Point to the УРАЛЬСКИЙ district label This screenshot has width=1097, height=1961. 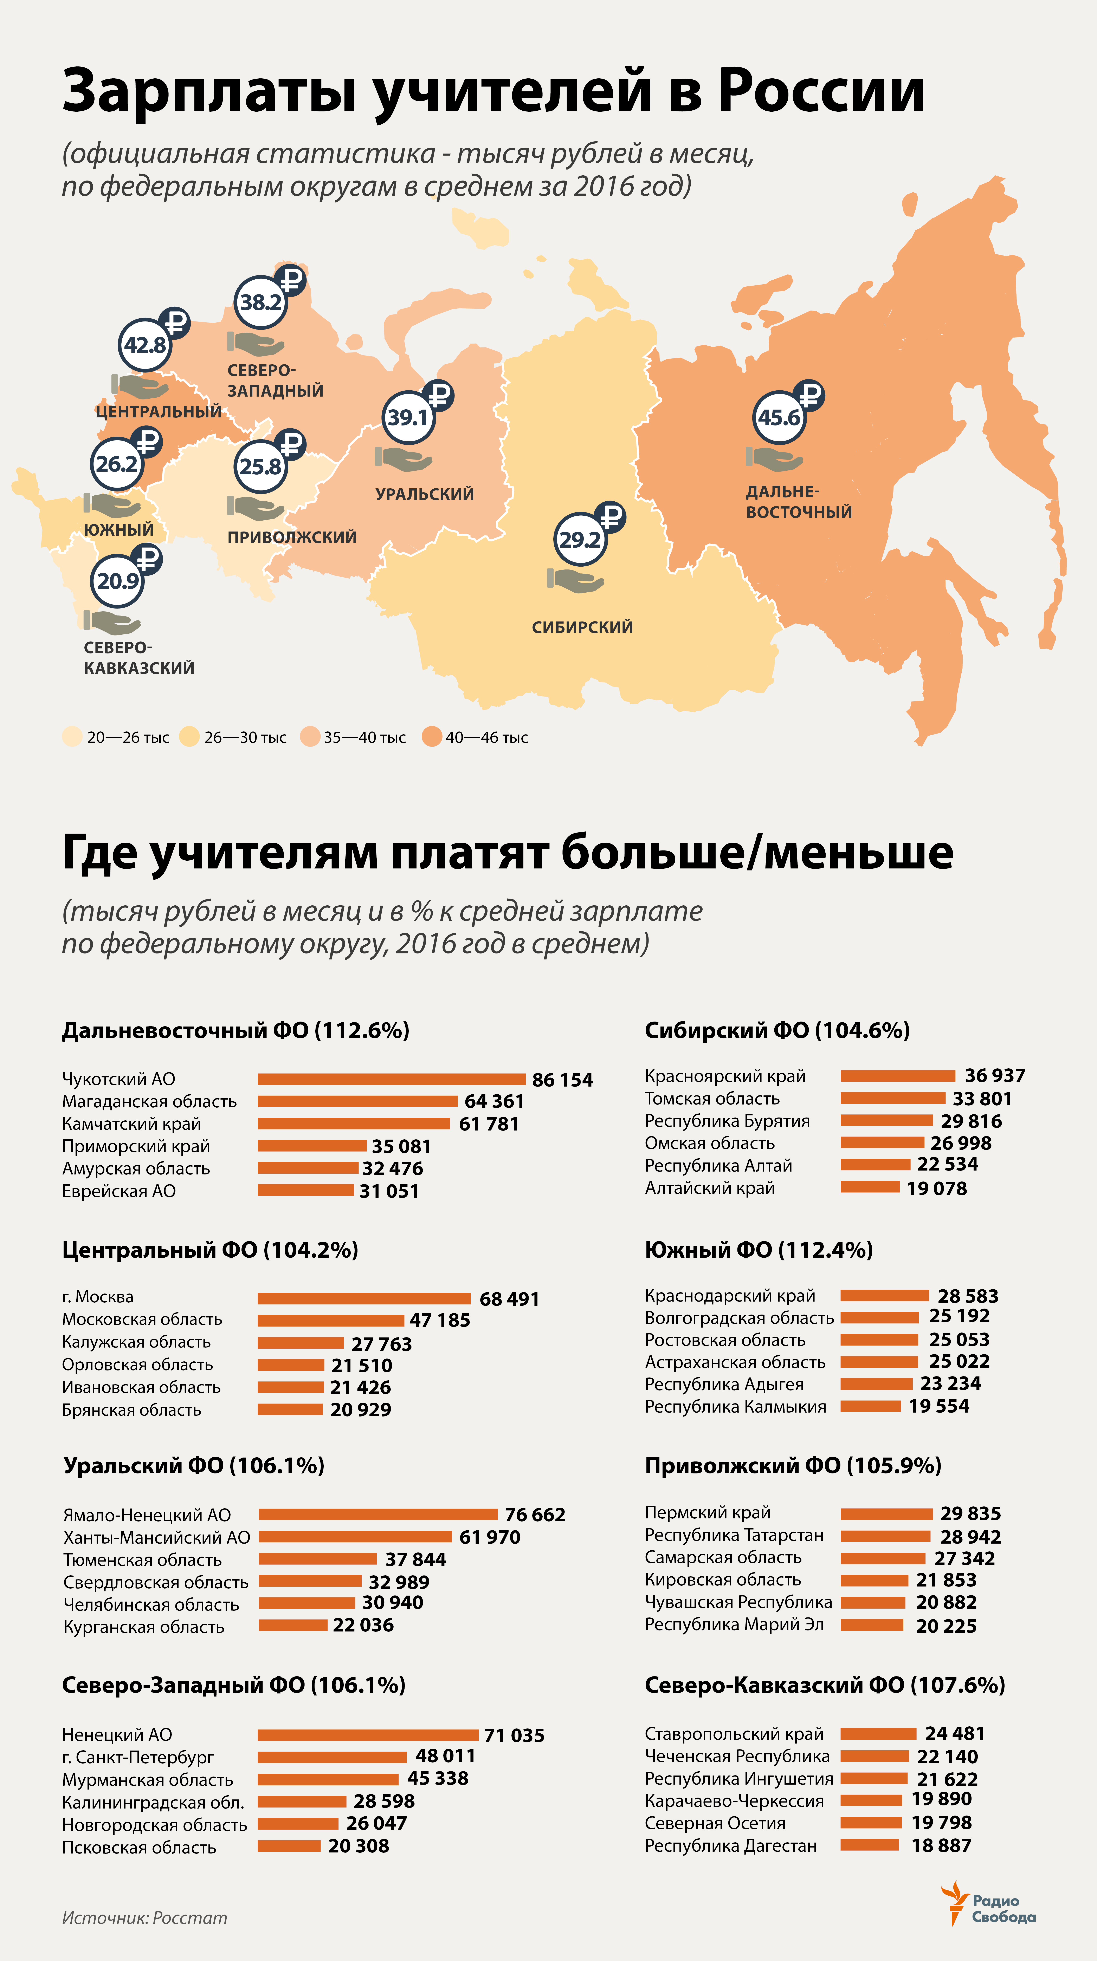(x=425, y=494)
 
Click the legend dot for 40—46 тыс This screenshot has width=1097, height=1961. (x=432, y=737)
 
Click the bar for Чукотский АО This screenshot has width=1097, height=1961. (x=391, y=1079)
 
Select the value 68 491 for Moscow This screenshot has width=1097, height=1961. (x=509, y=1299)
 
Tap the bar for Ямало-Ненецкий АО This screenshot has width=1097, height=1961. (x=378, y=1514)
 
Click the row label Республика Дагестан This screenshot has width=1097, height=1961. (x=730, y=1845)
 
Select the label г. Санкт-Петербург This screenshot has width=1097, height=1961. (x=138, y=1757)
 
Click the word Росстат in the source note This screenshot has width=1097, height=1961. (x=190, y=1918)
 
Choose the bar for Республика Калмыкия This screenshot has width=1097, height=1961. (x=871, y=1406)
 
